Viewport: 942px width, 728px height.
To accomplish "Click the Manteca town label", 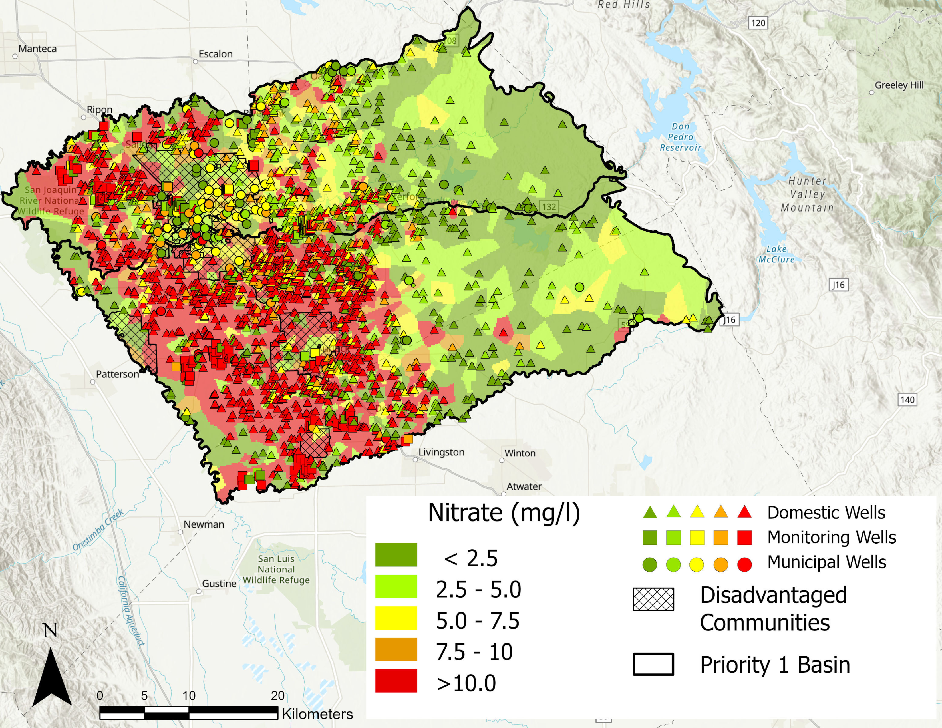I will point(37,49).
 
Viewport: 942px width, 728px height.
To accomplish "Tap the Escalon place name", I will point(215,54).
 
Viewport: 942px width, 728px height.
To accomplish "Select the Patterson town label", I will point(117,374).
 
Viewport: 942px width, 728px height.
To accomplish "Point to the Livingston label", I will point(441,452).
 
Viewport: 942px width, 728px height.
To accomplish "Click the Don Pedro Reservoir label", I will point(680,137).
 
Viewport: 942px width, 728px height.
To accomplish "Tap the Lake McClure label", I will point(776,254).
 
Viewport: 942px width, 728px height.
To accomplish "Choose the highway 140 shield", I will point(907,399).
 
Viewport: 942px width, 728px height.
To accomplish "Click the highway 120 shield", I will point(758,23).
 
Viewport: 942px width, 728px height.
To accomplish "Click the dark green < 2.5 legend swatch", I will point(396,555).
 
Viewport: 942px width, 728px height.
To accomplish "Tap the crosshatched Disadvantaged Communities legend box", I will point(653,599).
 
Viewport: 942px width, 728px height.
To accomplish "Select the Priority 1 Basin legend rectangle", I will point(653,664).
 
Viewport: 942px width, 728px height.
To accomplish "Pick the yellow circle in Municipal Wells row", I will point(697,564).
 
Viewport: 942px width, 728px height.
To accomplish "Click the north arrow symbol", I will point(52,677).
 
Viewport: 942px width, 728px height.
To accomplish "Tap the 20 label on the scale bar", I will point(278,696).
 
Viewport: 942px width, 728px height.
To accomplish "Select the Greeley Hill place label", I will point(899,85).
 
